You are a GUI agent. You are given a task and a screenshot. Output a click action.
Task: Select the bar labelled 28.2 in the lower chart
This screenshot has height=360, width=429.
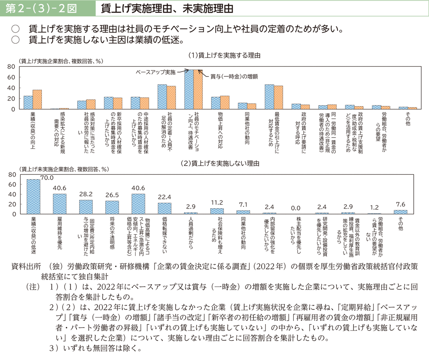[x=86, y=207]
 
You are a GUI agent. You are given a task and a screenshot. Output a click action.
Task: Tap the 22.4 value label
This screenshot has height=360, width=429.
[x=165, y=197]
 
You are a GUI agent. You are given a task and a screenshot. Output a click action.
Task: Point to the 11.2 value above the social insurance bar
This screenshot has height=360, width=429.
[x=217, y=203]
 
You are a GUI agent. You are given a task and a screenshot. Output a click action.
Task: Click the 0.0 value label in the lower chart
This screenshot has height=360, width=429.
[x=295, y=208]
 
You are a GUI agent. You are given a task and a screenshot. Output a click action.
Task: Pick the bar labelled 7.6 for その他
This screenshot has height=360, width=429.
[x=400, y=212]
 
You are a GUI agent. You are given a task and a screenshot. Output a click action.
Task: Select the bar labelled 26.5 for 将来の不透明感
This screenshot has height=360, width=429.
[x=112, y=207]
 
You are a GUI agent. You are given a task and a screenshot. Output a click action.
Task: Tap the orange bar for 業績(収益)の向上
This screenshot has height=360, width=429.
[x=37, y=100]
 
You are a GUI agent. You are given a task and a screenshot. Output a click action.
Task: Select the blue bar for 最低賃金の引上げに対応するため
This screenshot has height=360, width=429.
[x=269, y=97]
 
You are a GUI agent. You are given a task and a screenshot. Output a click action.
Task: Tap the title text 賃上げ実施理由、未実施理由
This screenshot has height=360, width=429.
[x=164, y=9]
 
